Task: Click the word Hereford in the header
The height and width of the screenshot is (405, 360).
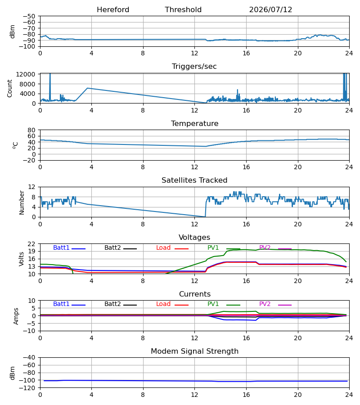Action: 113,10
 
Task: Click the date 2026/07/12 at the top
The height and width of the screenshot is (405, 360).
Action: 270,10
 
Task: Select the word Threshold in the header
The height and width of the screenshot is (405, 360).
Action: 183,10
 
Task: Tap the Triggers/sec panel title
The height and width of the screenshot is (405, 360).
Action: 194,67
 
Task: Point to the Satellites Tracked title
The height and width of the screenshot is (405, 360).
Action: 194,180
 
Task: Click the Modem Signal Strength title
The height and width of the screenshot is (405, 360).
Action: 194,351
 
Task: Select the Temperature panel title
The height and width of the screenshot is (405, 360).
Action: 194,123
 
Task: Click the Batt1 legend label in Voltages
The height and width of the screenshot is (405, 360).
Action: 61,247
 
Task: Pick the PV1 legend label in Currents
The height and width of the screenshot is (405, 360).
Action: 213,304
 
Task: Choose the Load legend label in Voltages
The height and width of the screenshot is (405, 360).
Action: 163,247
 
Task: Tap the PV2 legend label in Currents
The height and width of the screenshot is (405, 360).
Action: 265,304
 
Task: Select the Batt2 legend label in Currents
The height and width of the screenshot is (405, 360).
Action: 112,304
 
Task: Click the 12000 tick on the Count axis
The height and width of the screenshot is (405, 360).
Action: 26,74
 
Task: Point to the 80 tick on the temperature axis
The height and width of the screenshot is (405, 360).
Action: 31,130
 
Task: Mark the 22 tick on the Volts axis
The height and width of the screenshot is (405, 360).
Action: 31,244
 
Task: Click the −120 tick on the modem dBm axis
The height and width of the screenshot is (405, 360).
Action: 29,388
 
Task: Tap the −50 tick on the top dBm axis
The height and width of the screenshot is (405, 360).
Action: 29,16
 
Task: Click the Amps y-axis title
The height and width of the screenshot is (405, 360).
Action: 16,316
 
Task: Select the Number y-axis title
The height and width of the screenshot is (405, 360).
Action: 22,202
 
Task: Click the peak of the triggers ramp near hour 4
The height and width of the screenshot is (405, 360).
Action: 88,88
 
